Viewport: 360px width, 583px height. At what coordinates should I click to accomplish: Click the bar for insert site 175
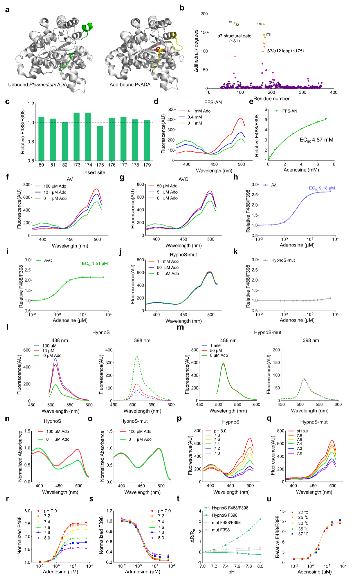(x=100, y=143)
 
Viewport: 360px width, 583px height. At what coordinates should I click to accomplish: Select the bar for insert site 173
(x=77, y=137)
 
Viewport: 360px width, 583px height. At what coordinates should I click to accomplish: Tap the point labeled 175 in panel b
(x=264, y=24)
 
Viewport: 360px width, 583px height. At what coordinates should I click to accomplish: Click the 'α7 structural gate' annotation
(x=234, y=38)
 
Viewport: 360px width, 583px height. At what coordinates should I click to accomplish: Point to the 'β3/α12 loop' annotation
(x=285, y=51)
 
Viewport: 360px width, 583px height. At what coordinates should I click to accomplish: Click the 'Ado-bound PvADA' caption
(x=130, y=85)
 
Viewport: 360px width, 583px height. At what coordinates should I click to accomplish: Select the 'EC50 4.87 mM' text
(x=316, y=140)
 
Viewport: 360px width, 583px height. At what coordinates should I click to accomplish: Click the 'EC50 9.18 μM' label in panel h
(x=322, y=188)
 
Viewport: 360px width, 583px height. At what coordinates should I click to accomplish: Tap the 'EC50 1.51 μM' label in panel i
(x=95, y=264)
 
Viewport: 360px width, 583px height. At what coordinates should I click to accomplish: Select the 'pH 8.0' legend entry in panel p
(x=220, y=431)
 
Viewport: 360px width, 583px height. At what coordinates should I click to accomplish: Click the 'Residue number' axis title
(x=271, y=99)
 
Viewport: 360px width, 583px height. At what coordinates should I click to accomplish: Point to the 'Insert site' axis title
(x=94, y=173)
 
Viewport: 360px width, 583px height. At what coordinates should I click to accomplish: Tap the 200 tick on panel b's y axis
(x=204, y=14)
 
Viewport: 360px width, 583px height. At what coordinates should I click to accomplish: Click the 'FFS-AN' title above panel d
(x=213, y=102)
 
